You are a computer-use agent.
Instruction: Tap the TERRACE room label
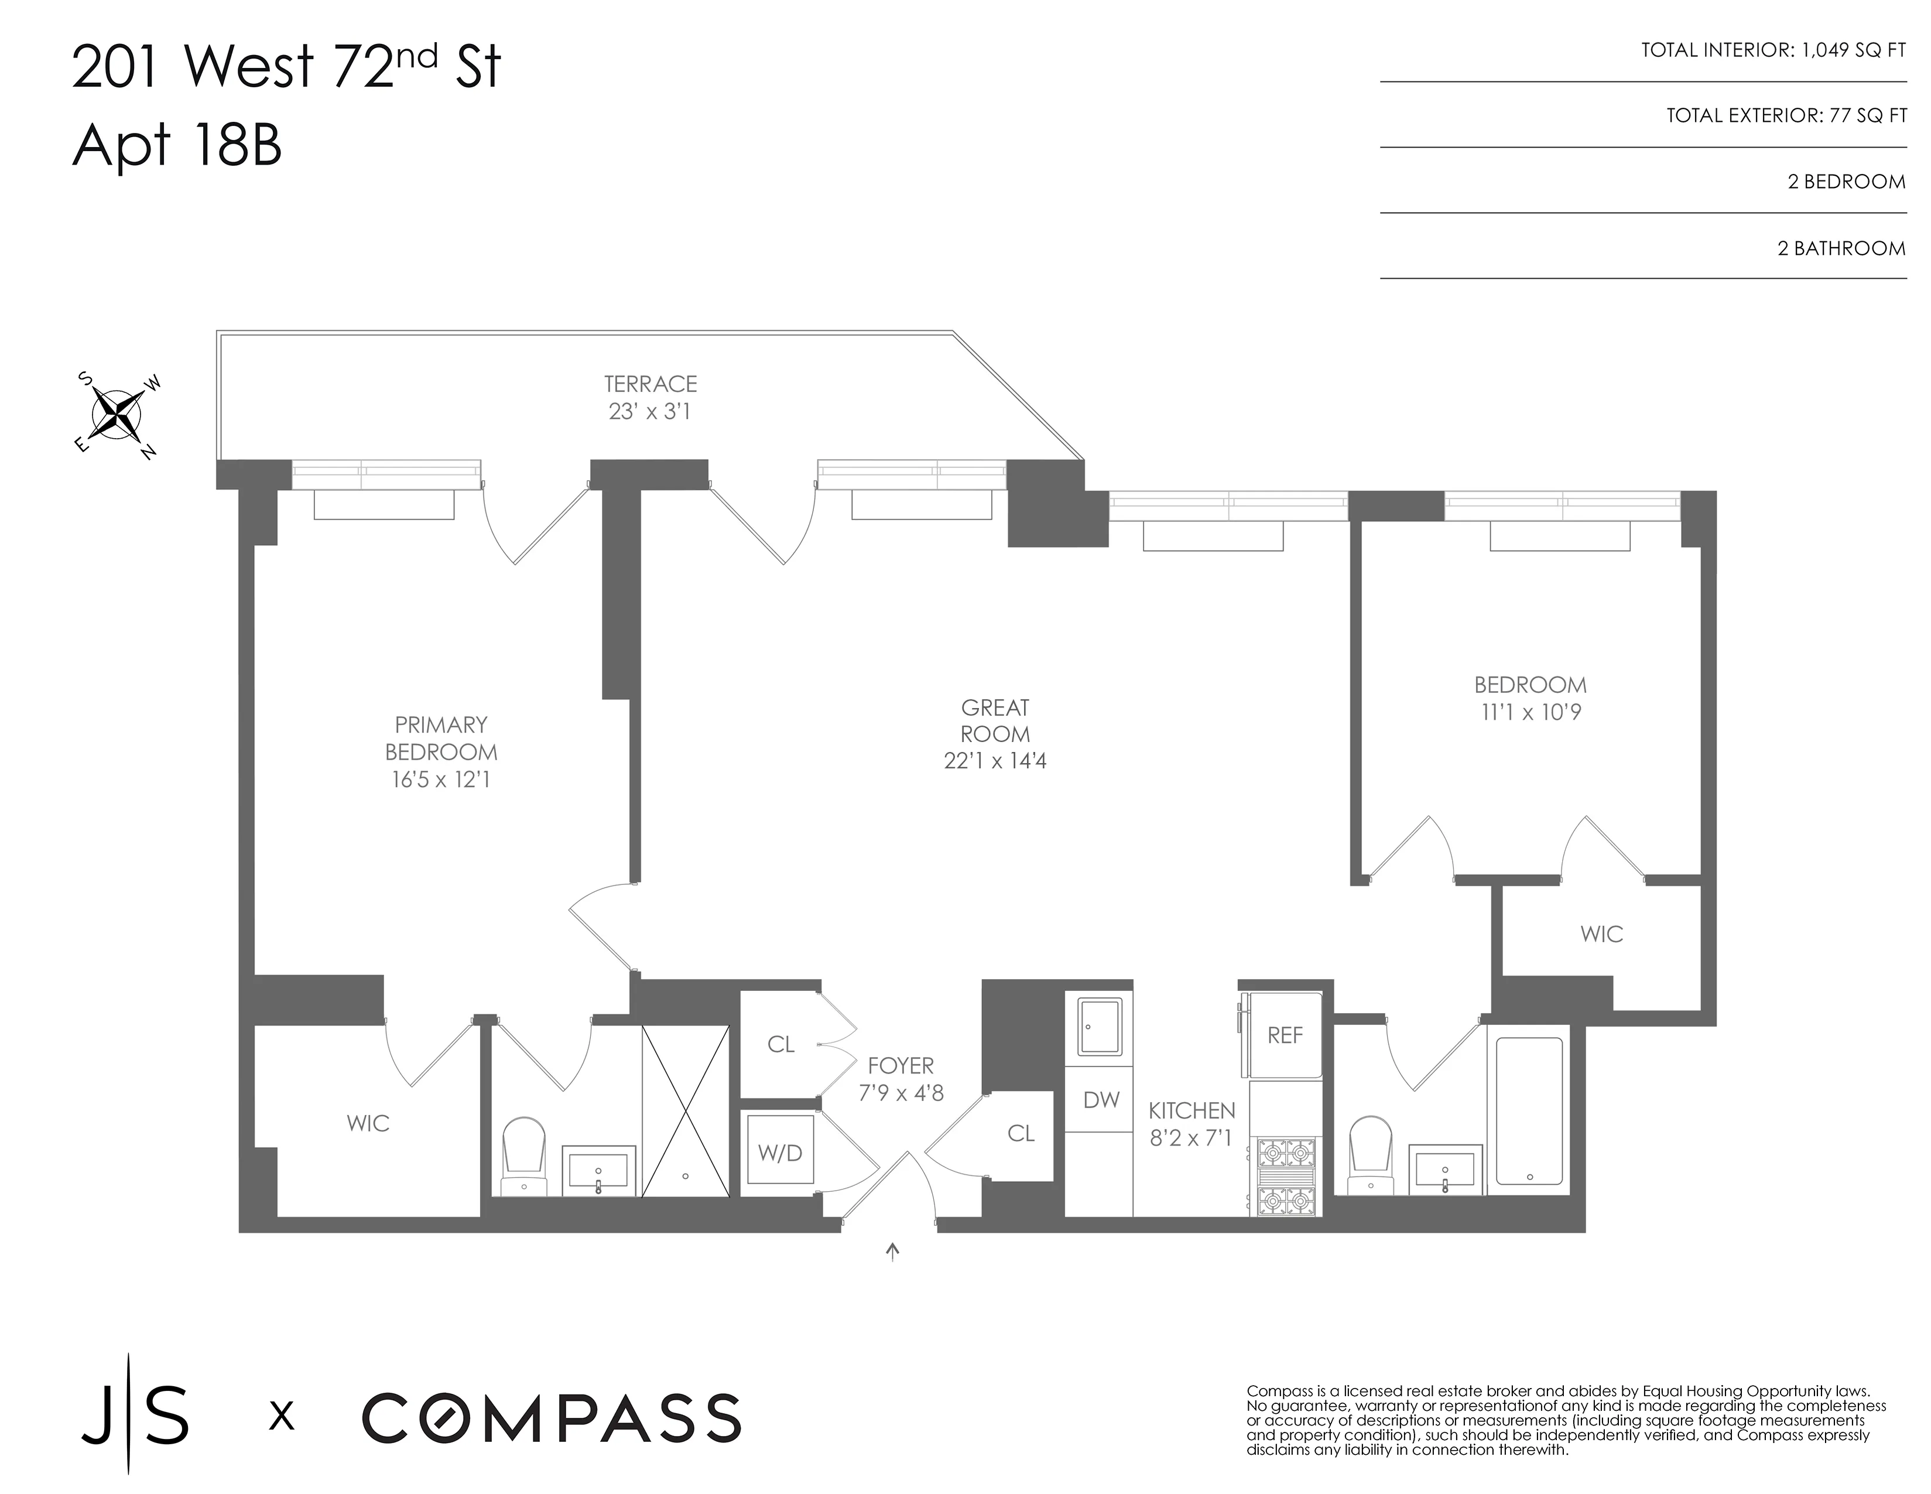(650, 384)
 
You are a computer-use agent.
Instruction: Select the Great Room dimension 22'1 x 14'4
(995, 761)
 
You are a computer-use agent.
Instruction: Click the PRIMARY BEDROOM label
(440, 739)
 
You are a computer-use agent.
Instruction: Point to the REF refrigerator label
(1285, 1036)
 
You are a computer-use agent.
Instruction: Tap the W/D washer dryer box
(780, 1153)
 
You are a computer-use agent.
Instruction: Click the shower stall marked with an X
(685, 1111)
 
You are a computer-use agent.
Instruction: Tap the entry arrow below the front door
(893, 1251)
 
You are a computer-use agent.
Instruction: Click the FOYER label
(900, 1066)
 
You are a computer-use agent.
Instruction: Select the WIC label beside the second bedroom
(1601, 934)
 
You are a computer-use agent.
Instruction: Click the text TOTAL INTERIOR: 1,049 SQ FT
(1773, 50)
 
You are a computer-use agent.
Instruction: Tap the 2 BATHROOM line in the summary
(1841, 248)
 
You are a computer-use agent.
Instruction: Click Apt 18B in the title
(177, 146)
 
